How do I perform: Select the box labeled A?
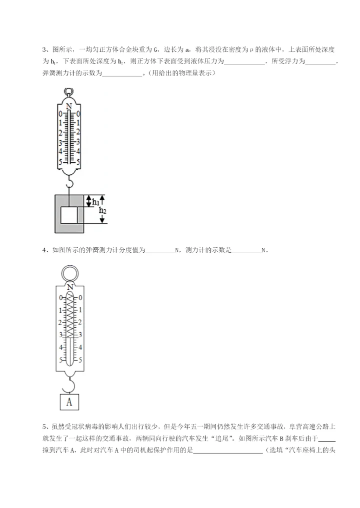coord(69,401)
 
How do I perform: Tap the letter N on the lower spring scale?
coord(70,287)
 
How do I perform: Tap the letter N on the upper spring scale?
coord(69,106)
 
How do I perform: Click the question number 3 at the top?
coord(44,49)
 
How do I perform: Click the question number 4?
coord(44,250)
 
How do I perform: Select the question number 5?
coord(44,427)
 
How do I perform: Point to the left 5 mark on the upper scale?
coord(60,161)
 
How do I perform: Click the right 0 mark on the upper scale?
coord(78,114)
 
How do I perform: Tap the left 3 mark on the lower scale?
coord(61,334)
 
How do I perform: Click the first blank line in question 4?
coord(159,251)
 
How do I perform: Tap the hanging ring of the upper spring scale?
coord(69,92)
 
